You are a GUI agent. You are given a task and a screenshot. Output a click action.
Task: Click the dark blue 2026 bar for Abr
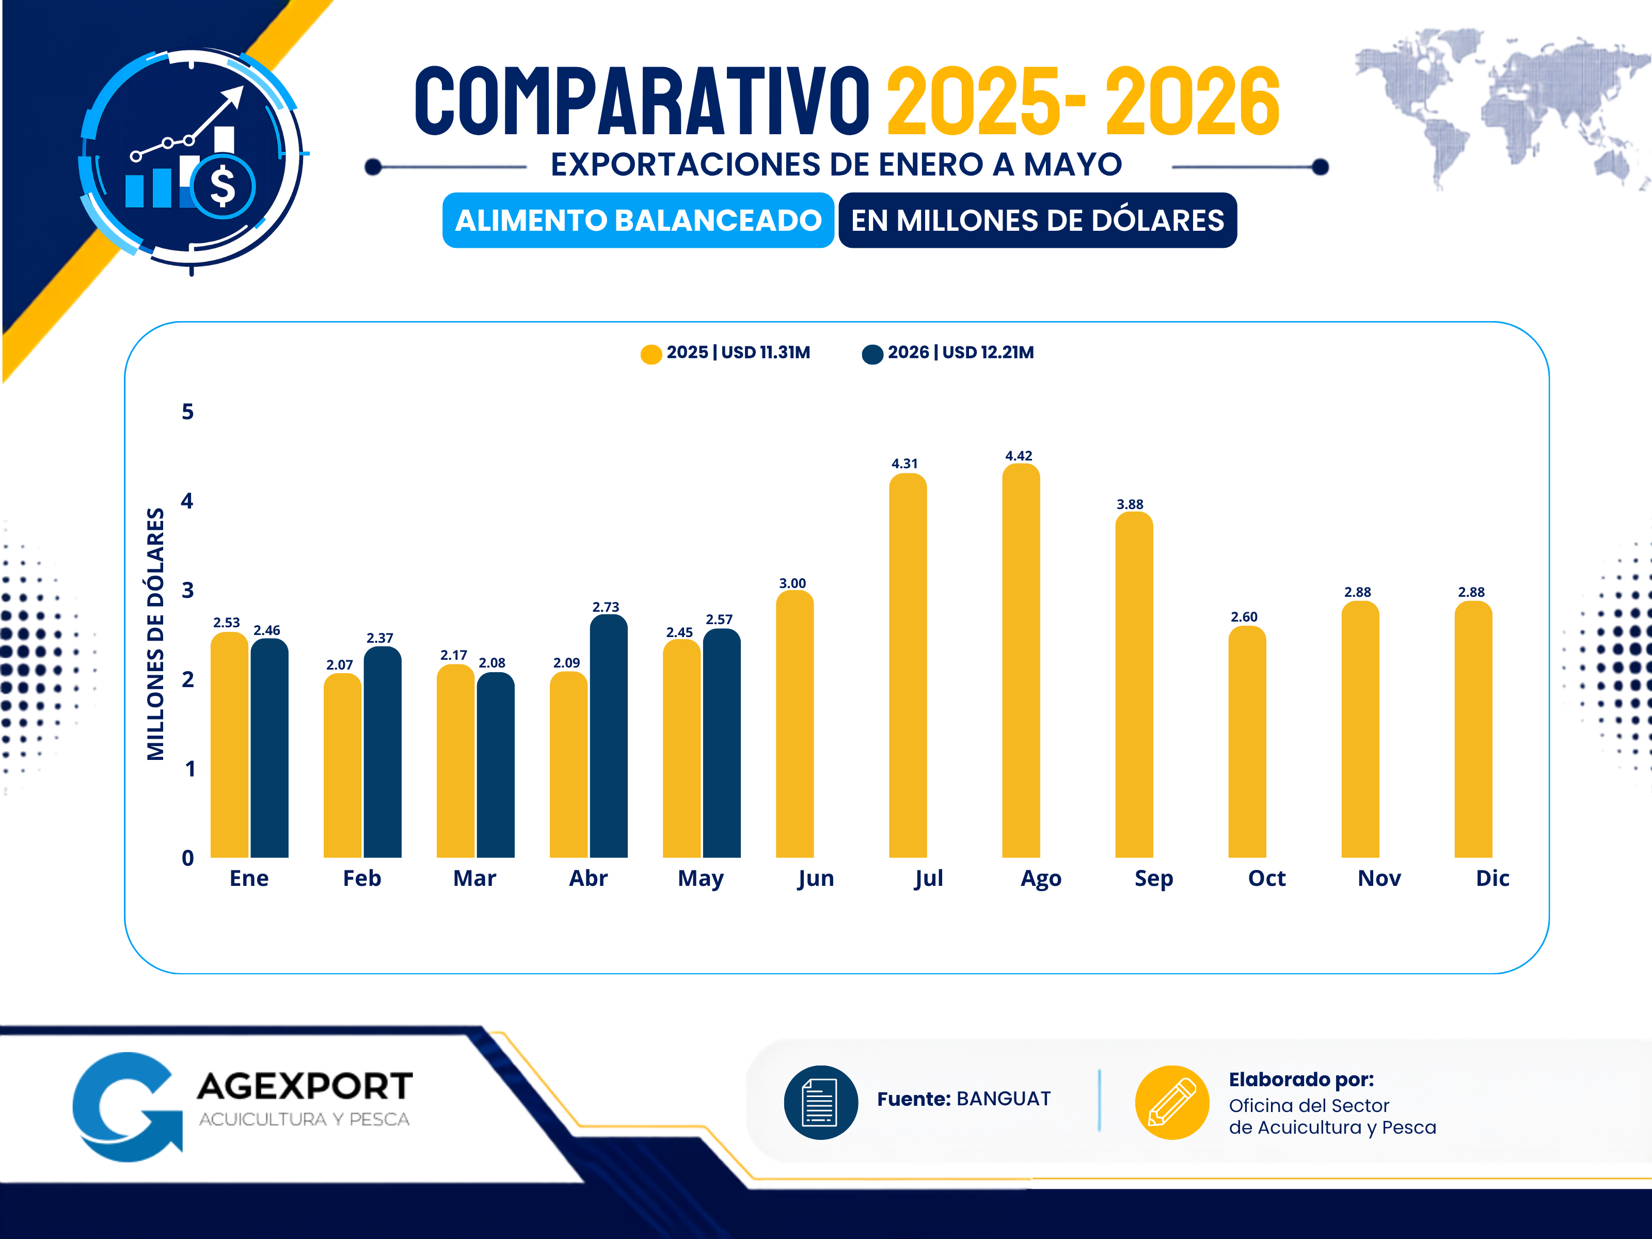click(609, 736)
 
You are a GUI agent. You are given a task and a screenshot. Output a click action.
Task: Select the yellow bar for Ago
click(1021, 660)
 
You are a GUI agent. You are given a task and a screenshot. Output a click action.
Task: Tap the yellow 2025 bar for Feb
click(343, 766)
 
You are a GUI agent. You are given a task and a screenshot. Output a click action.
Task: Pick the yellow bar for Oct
click(1247, 742)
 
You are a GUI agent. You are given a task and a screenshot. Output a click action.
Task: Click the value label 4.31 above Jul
click(904, 464)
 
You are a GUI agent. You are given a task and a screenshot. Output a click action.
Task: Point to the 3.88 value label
click(1130, 504)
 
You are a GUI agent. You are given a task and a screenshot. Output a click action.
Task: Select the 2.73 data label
click(606, 607)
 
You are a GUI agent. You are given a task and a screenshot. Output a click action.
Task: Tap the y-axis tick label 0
click(187, 858)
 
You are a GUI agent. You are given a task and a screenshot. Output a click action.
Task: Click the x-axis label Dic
click(1492, 878)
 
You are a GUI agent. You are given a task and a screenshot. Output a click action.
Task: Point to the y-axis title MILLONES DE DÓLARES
click(155, 634)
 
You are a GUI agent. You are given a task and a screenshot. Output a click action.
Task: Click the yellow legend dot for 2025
click(651, 354)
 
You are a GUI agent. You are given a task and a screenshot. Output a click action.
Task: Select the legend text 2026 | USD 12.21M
click(960, 353)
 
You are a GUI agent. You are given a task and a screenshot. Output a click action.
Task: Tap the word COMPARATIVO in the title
click(642, 101)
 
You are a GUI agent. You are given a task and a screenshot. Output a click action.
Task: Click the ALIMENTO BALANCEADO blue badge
click(639, 220)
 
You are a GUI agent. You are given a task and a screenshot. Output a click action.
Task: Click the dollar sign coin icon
click(223, 186)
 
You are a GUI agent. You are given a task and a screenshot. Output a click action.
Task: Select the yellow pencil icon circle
click(1172, 1102)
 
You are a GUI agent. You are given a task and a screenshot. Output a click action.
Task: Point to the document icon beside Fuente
click(821, 1102)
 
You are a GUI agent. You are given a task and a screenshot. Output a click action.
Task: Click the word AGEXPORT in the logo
click(305, 1086)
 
